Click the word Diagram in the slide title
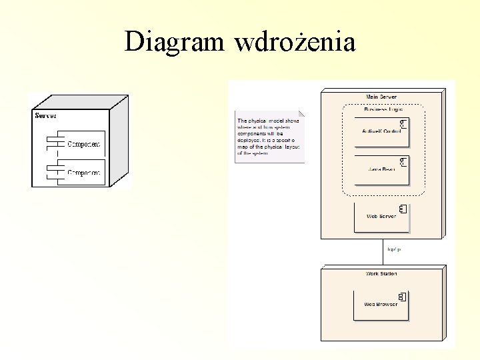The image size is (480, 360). click(x=176, y=42)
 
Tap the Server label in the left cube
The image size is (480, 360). click(x=46, y=116)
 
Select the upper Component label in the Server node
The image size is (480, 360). click(x=85, y=143)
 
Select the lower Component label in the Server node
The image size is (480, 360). click(x=85, y=173)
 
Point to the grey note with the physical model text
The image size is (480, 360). click(x=269, y=136)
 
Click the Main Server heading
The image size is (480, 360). click(x=381, y=97)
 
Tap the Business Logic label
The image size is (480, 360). click(x=383, y=109)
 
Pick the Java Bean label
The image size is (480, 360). click(x=381, y=169)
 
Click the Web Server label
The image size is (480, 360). click(x=381, y=216)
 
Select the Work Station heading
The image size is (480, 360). click(x=381, y=274)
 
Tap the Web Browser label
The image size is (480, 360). click(x=381, y=304)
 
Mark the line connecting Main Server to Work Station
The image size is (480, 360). click(x=383, y=253)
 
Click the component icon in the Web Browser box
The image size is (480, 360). click(x=402, y=296)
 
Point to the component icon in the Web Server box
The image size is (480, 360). click(x=402, y=209)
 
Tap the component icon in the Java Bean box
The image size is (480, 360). click(x=403, y=161)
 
